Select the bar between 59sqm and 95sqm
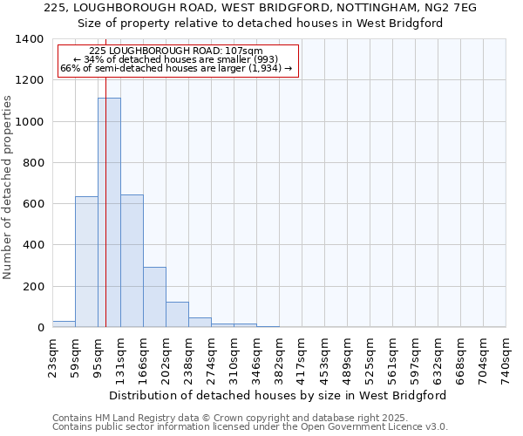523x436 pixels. pyautogui.click(x=86, y=262)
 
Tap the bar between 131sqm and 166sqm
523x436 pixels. pyautogui.click(x=132, y=261)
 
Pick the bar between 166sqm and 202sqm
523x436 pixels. pyautogui.click(x=154, y=296)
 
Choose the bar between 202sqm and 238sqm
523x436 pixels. pyautogui.click(x=177, y=314)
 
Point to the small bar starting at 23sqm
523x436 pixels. pyautogui.click(x=64, y=324)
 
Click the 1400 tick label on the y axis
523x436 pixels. pyautogui.click(x=30, y=39)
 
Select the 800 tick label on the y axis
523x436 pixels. pyautogui.click(x=33, y=163)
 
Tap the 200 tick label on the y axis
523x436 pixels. pyautogui.click(x=33, y=287)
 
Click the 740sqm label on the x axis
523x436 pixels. pyautogui.click(x=506, y=358)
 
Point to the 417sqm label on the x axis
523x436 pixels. pyautogui.click(x=302, y=358)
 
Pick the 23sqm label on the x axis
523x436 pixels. pyautogui.click(x=52, y=356)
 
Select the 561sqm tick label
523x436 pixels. pyautogui.click(x=392, y=358)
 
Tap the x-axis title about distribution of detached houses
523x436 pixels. pyautogui.click(x=278, y=395)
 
